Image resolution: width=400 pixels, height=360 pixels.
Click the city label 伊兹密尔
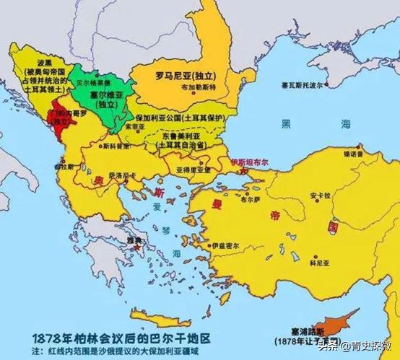pyautogui.click(x=222, y=246)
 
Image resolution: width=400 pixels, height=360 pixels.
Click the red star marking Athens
pyautogui.click(x=137, y=247)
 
